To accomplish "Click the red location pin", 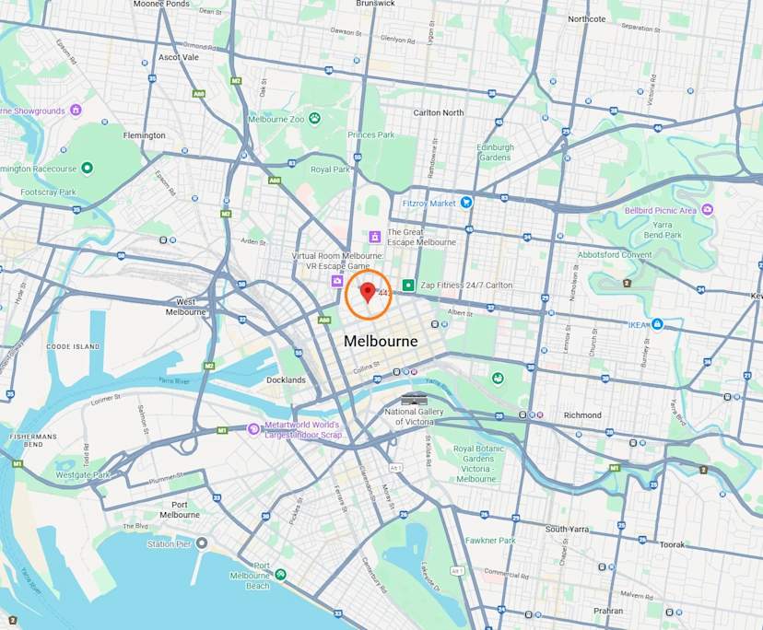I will click(368, 292).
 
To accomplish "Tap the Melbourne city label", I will click(381, 342).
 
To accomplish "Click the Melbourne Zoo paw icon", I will click(314, 118).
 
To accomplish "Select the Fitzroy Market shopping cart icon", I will click(466, 203).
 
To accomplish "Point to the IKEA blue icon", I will click(658, 324).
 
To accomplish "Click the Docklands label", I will click(286, 379).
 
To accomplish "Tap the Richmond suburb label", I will click(582, 415).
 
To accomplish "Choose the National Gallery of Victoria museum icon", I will click(415, 398).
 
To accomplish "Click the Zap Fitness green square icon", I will click(408, 286).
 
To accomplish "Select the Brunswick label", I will click(375, 4).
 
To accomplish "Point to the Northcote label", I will click(587, 18).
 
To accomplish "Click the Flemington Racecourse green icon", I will click(87, 168).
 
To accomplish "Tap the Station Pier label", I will click(169, 543).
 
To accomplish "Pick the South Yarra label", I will click(567, 529).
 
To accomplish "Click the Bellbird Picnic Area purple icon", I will click(707, 209).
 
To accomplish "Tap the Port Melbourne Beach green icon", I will click(280, 574).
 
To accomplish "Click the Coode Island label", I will click(72, 346).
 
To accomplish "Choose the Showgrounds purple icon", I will click(76, 110).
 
